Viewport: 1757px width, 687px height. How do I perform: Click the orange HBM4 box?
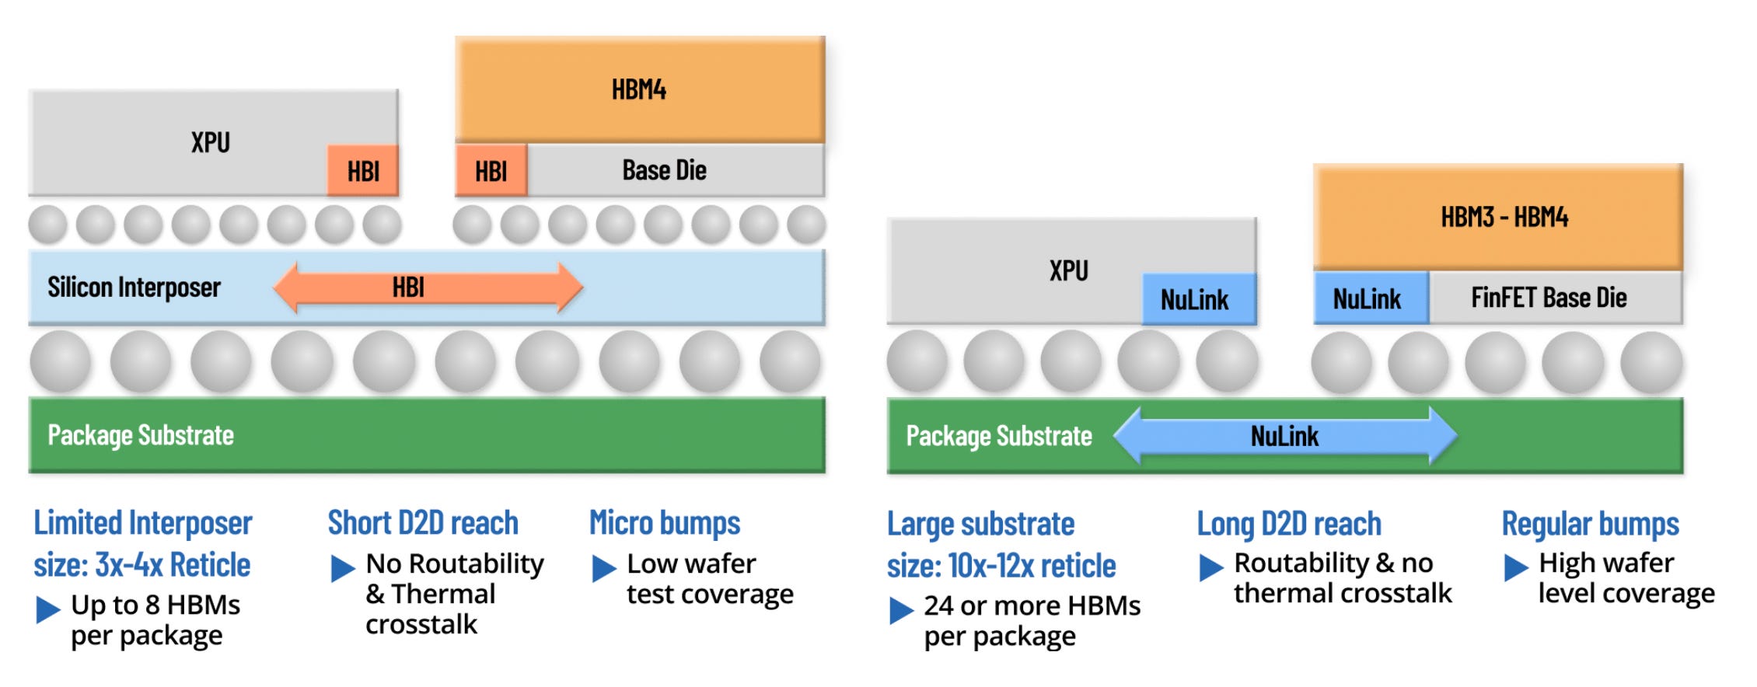640,89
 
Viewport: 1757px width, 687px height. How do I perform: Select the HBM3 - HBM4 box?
1498,217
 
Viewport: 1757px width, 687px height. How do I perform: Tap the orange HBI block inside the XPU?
363,171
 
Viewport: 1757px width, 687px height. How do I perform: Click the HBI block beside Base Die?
491,170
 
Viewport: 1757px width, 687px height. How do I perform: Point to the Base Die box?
676,170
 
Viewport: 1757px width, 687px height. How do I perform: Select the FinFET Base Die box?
1556,298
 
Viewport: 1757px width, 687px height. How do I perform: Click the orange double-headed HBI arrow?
428,288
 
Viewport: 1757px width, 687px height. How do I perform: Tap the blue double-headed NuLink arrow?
1285,436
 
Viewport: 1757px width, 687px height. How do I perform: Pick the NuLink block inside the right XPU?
1199,299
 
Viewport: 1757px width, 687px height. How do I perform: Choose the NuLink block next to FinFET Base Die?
1371,298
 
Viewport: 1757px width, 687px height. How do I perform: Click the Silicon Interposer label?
134,288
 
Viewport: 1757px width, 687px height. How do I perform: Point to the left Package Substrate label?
141,435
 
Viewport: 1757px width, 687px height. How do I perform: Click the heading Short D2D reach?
423,523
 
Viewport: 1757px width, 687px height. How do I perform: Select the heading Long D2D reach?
1289,524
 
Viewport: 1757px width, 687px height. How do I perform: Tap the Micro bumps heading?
665,524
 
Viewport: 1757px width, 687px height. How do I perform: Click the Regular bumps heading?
1590,525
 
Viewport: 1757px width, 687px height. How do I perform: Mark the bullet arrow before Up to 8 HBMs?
48,609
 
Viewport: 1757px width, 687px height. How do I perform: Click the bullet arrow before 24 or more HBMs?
902,610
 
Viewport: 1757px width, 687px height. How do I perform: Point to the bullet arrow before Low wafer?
604,568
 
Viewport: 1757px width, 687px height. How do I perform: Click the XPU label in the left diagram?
211,142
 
